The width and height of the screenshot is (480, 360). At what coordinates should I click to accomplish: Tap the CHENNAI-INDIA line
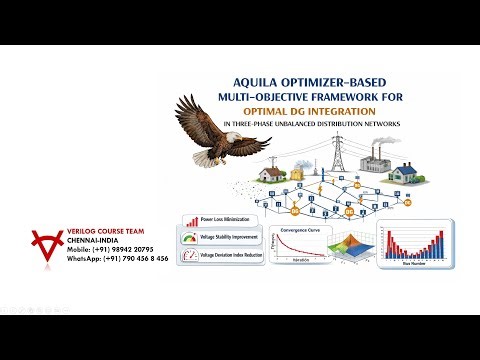click(94, 240)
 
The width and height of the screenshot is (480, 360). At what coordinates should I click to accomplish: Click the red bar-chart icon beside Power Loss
click(188, 219)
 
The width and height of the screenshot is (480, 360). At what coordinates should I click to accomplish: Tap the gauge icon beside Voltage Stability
click(188, 238)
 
